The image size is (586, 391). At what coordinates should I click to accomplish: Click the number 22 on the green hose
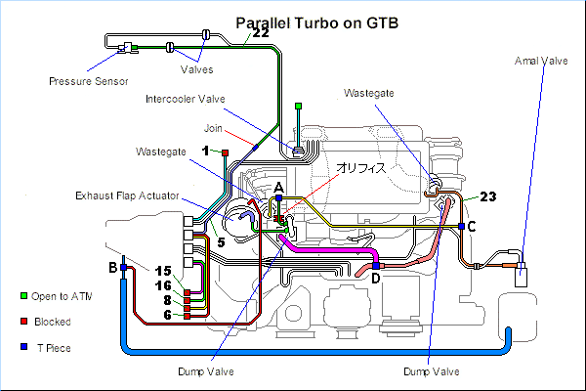pos(261,33)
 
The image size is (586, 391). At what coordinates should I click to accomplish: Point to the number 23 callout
pos(489,195)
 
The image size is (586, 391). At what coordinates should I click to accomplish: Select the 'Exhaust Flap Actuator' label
pos(127,195)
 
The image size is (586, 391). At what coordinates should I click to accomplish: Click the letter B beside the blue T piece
pos(112,267)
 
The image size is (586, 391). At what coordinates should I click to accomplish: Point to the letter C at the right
pos(473,227)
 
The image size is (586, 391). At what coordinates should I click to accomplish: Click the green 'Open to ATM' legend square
pos(23,296)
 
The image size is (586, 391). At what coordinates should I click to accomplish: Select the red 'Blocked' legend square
pos(23,321)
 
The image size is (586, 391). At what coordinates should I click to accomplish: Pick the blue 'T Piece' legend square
pos(23,346)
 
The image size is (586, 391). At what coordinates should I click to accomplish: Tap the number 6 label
pos(167,315)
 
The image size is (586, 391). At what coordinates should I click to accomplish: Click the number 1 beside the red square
pos(206,150)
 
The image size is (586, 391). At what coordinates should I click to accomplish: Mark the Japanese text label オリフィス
pos(362,168)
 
